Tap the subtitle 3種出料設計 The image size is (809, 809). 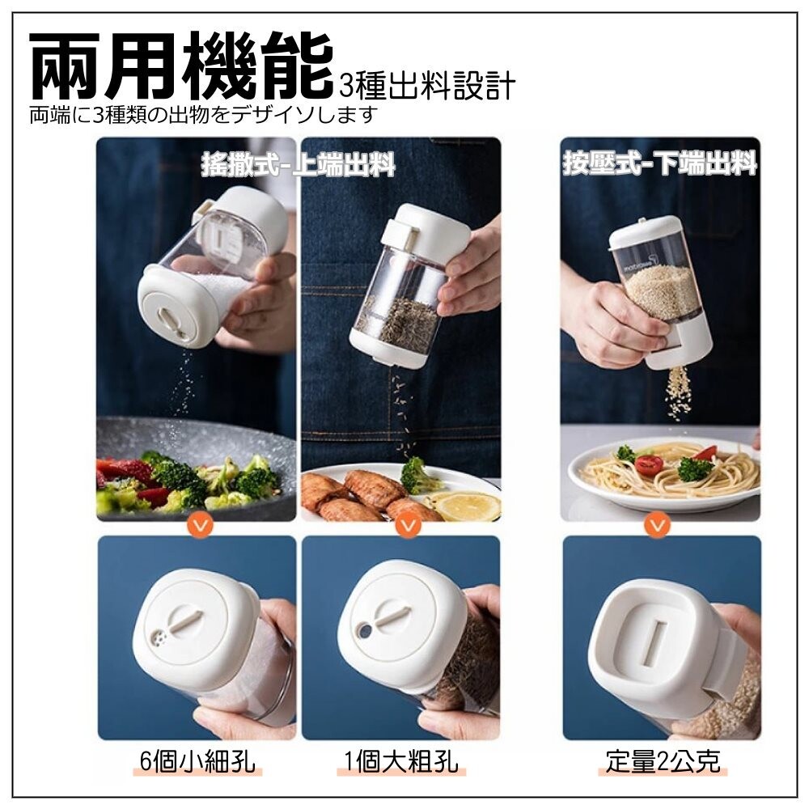click(428, 86)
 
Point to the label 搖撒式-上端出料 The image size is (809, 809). click(299, 164)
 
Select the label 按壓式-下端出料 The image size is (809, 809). click(660, 163)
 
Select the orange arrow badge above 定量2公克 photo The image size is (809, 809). click(657, 525)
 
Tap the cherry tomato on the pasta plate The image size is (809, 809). click(649, 465)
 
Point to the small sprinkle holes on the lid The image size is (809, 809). click(160, 640)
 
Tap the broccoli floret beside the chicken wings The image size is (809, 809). click(418, 475)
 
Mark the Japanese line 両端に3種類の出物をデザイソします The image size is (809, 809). click(204, 115)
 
